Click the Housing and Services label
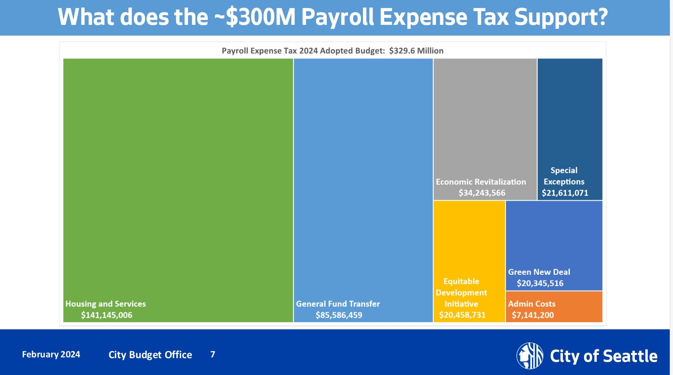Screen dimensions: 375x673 click(105, 304)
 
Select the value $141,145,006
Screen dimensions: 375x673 click(107, 315)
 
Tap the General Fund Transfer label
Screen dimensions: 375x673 click(338, 304)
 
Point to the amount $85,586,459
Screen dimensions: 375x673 click(339, 315)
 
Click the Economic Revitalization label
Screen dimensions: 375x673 click(481, 181)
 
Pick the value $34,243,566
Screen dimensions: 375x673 click(482, 193)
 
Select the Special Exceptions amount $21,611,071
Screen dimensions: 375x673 click(565, 193)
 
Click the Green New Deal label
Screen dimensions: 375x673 click(539, 272)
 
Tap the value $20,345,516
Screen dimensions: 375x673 click(540, 283)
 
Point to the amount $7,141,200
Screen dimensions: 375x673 click(533, 315)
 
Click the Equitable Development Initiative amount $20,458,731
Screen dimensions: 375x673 click(462, 315)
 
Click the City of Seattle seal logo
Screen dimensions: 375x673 click(530, 355)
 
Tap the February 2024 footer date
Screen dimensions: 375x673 click(51, 354)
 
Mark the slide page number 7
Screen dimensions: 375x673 click(213, 354)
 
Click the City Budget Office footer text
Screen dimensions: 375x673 click(150, 355)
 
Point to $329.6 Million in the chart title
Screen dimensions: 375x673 click(416, 51)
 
